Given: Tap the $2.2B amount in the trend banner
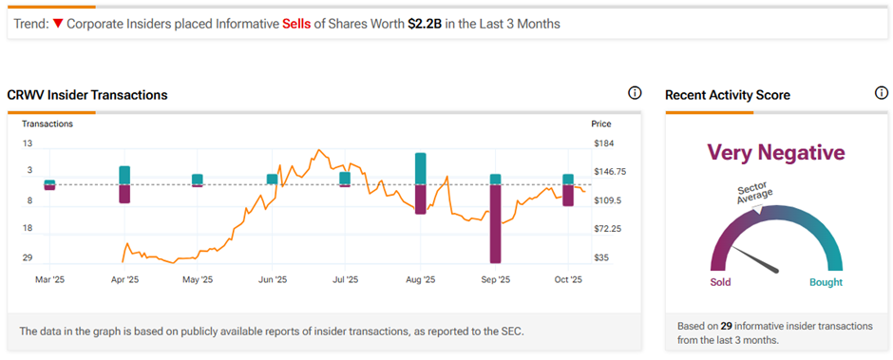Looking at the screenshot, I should (423, 24).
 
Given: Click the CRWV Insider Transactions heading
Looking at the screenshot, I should (87, 95).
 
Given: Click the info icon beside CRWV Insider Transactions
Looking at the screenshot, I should (635, 93).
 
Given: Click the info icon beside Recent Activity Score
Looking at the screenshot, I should (880, 93).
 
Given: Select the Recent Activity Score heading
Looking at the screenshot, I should (728, 95).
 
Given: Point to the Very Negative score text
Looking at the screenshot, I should (776, 153).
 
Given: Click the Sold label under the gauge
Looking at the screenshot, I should (721, 282).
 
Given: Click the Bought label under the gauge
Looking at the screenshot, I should (826, 282).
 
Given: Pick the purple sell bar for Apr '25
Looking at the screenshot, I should (124, 194).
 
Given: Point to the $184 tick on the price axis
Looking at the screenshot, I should (602, 143).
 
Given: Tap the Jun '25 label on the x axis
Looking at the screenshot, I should (273, 280).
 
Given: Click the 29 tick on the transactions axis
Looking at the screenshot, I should (28, 257).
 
